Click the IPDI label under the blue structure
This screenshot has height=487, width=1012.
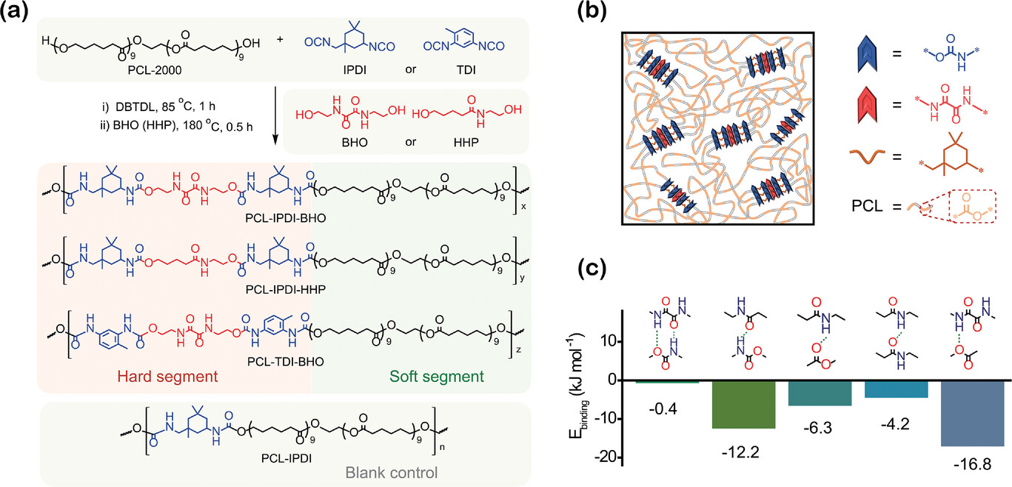[354, 70]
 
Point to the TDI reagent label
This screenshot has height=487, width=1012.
[466, 70]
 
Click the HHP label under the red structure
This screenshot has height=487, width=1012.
[466, 142]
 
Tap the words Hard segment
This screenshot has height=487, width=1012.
[167, 376]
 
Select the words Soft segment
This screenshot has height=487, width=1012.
[437, 376]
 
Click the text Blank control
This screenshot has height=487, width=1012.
[392, 472]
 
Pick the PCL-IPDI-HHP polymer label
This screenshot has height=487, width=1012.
[286, 289]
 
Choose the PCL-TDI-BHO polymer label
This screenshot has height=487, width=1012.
[286, 362]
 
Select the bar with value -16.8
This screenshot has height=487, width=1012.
[972, 414]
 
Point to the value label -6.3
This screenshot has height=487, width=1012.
[818, 427]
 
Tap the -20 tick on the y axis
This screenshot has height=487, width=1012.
[607, 457]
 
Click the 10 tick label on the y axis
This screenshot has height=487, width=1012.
[609, 342]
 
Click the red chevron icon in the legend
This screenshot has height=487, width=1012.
[867, 105]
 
